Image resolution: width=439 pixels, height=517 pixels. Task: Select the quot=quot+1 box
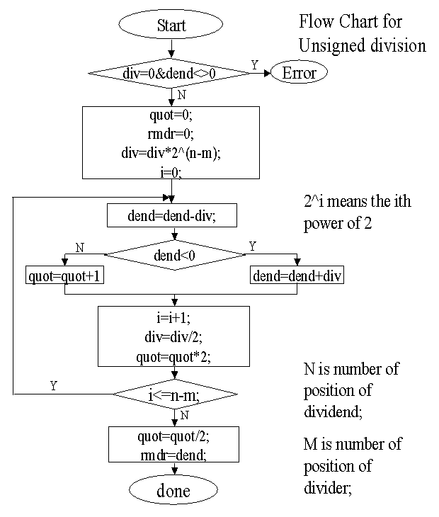[x=65, y=276]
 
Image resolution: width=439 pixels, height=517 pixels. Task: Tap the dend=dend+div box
[x=297, y=276]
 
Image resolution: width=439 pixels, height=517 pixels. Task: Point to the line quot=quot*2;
[x=173, y=358]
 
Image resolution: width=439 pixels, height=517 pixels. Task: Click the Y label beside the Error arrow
[x=255, y=64]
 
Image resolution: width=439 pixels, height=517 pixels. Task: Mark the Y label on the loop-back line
[x=53, y=385]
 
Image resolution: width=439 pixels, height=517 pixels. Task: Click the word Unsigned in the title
[x=333, y=46]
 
